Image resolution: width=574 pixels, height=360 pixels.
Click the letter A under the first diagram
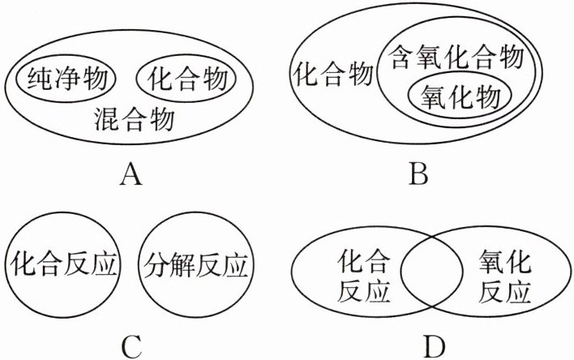click(x=129, y=174)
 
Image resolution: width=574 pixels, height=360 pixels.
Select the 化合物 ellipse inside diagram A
click(x=186, y=79)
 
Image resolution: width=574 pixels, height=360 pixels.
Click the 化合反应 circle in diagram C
click(x=63, y=264)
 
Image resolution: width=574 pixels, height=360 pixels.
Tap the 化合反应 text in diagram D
click(x=362, y=276)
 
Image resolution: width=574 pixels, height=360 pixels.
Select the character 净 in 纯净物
click(x=66, y=79)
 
